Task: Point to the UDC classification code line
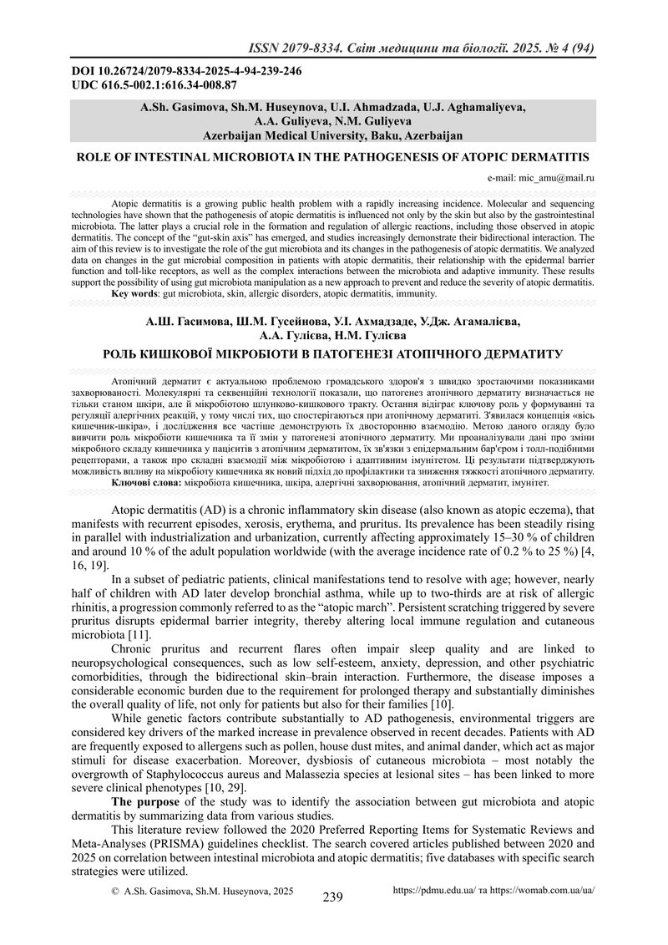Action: point(155,84)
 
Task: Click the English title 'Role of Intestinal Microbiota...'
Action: point(333,156)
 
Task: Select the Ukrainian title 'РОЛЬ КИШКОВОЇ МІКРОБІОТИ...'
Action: point(333,353)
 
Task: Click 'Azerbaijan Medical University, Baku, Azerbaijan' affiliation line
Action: point(333,134)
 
